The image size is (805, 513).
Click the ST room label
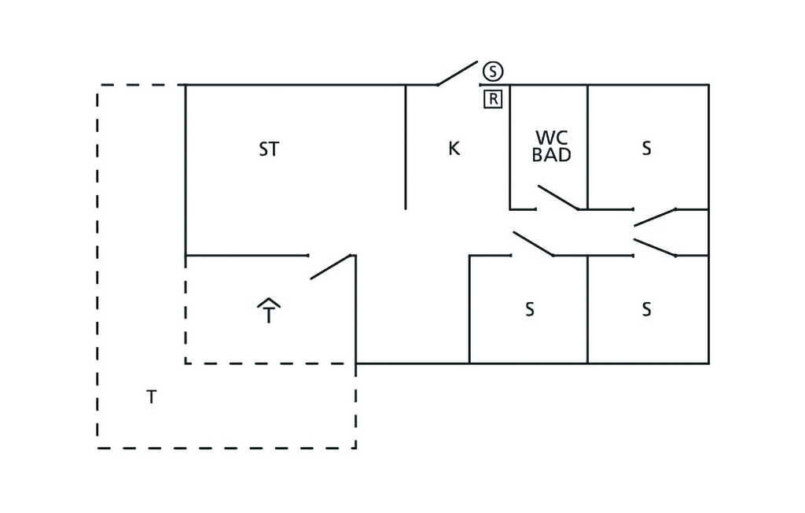click(x=269, y=149)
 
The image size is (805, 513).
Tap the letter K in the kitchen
click(x=454, y=149)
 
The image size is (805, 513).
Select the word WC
click(x=551, y=138)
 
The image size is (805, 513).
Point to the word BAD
click(x=551, y=155)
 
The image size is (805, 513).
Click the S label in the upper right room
click(x=646, y=149)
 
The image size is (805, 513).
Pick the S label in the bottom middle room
click(x=530, y=309)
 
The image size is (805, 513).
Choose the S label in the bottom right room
click(x=646, y=309)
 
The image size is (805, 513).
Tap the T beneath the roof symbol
click(x=269, y=314)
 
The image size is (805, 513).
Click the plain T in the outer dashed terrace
click(x=151, y=397)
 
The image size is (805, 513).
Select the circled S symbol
click(x=493, y=71)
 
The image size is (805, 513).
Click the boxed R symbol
click(x=493, y=98)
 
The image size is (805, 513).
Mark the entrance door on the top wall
click(x=457, y=73)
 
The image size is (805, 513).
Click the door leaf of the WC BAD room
click(x=559, y=198)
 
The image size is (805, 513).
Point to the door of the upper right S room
click(x=655, y=217)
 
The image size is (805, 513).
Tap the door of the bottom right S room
click(x=655, y=247)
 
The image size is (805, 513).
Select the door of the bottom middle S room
click(x=534, y=244)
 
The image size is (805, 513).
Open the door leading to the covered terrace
click(x=331, y=267)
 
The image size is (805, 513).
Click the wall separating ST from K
click(x=406, y=147)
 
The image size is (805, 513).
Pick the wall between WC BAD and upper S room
click(x=587, y=147)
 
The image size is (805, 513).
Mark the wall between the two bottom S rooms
click(x=587, y=309)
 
